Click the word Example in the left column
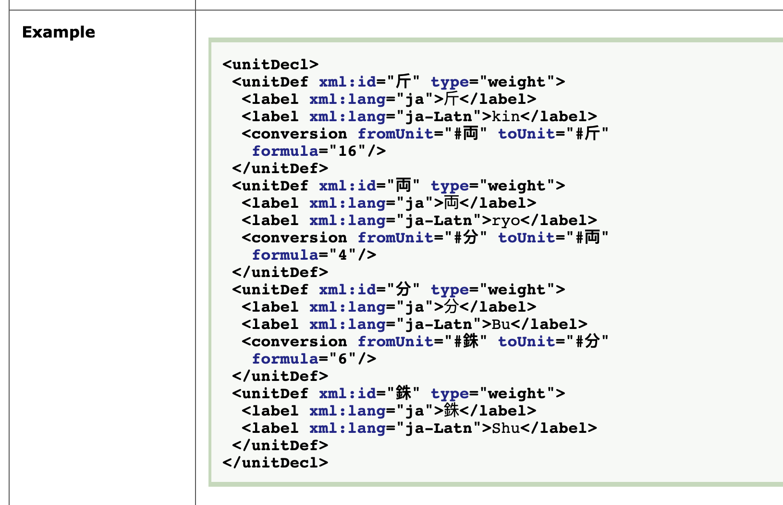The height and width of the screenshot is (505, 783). [x=59, y=32]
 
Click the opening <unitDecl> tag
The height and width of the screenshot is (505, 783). [x=270, y=64]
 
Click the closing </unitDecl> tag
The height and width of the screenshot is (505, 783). [x=275, y=463]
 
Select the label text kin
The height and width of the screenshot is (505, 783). [x=506, y=116]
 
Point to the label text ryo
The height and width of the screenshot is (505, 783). [x=506, y=220]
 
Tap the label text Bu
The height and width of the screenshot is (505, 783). [x=501, y=324]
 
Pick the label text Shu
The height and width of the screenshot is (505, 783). [x=506, y=428]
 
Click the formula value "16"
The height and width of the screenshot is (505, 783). [x=347, y=151]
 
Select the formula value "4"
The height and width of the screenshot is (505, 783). [x=343, y=255]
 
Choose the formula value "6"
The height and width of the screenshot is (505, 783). [x=343, y=359]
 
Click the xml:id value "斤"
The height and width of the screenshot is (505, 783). [x=403, y=82]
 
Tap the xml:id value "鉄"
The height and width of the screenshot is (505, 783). [x=403, y=393]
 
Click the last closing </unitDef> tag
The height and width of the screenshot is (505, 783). [x=280, y=445]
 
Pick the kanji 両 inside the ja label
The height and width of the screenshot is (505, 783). [x=452, y=203]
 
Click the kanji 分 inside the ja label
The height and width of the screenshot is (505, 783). [x=452, y=307]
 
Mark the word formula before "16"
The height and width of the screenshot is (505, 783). [x=285, y=151]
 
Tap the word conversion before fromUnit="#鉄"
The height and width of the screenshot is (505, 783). [x=299, y=341]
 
